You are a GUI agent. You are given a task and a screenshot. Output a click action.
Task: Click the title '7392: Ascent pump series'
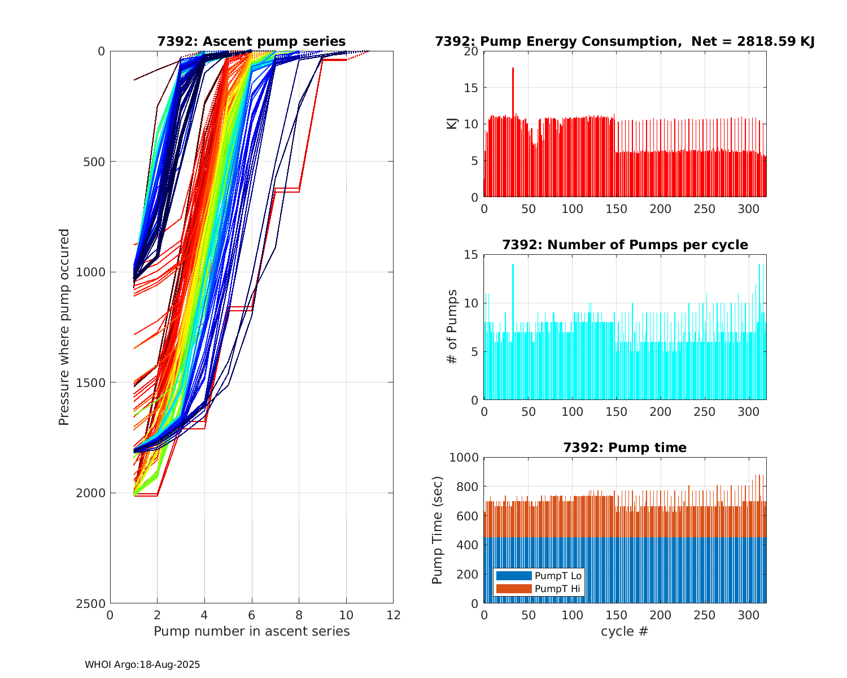click(251, 41)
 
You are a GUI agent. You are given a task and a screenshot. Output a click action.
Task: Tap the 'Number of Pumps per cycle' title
click(625, 245)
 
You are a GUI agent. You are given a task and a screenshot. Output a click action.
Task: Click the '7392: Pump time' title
click(625, 447)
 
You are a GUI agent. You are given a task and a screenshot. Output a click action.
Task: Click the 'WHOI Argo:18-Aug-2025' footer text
click(142, 664)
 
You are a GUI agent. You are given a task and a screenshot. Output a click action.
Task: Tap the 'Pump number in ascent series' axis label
click(251, 631)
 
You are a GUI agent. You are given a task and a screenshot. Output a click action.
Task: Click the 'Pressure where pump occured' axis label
click(64, 327)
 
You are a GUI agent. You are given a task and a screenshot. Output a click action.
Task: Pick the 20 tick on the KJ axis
click(471, 51)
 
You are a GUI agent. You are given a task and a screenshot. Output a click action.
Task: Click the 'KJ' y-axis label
click(452, 124)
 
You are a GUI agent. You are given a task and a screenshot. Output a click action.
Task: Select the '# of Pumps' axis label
click(452, 327)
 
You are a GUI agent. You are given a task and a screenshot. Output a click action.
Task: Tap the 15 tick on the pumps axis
click(471, 255)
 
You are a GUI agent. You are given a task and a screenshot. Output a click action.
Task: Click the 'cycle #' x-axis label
click(625, 631)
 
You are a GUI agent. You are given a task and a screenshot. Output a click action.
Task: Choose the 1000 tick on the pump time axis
click(464, 458)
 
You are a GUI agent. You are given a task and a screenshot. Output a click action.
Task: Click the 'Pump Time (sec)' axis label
click(438, 530)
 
